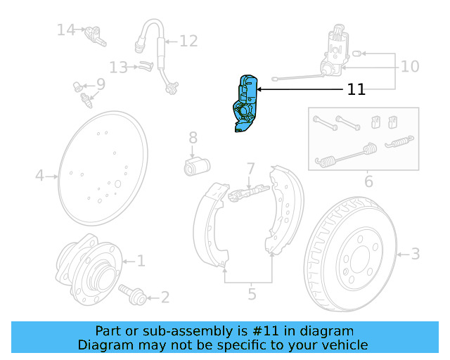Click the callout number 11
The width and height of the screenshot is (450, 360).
[356, 89]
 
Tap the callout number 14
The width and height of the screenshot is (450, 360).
[66, 30]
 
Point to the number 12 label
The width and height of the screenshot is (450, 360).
[188, 41]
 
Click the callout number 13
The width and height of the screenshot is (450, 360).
[118, 67]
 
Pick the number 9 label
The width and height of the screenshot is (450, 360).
[101, 84]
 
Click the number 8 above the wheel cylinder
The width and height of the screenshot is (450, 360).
[193, 138]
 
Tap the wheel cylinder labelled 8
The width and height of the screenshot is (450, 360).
[197, 167]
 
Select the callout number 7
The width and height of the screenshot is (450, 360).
[250, 169]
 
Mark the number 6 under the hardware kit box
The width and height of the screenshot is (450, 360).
[368, 183]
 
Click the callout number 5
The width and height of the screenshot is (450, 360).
[252, 294]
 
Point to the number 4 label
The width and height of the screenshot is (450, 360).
[40, 175]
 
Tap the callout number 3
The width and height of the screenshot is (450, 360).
[415, 253]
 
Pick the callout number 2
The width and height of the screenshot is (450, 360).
[165, 297]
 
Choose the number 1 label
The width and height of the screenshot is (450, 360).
[141, 261]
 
